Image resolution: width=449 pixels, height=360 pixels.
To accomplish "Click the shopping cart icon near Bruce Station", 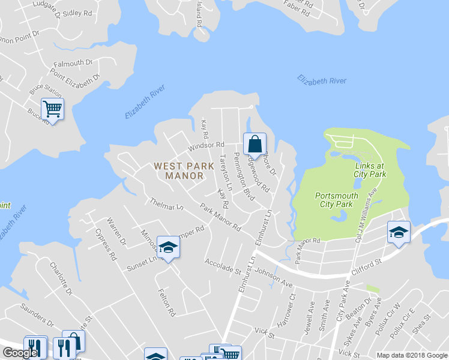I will pos(53,109).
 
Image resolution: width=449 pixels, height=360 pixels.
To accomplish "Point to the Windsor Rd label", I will pos(206,145).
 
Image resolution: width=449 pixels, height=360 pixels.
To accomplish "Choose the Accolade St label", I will pos(222,266).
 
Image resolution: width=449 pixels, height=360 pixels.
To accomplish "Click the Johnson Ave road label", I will pos(273,273).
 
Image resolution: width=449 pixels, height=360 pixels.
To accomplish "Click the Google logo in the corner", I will pos(19,353).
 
